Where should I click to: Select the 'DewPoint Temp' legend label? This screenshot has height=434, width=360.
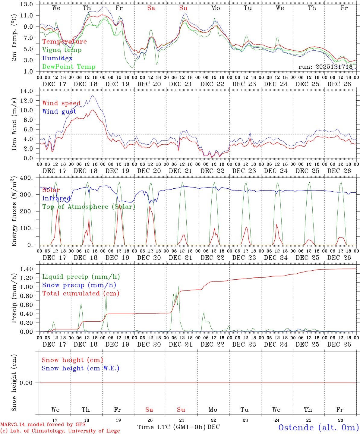point(69,67)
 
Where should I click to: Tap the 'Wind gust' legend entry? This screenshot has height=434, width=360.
point(59,112)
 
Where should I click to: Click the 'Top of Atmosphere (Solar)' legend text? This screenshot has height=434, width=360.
point(89,207)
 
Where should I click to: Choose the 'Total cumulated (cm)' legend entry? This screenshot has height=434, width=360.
point(81,294)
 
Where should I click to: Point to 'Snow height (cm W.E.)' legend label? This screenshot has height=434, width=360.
point(81,368)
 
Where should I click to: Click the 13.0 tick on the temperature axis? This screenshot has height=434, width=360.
point(27,4)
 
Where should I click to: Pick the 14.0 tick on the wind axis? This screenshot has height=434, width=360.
point(27,91)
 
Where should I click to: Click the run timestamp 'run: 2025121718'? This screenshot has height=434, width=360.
point(325,67)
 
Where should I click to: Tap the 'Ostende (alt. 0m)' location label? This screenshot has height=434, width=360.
point(318,427)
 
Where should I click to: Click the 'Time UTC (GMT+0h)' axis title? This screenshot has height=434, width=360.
point(172,427)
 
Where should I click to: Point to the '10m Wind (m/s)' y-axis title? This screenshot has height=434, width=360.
point(14,125)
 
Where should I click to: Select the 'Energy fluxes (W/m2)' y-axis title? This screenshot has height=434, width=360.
point(14,212)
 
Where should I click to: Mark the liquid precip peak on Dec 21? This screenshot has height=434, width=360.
point(179,286)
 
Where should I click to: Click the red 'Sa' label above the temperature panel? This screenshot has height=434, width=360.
point(151,8)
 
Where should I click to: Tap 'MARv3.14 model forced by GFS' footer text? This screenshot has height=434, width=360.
point(43,425)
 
